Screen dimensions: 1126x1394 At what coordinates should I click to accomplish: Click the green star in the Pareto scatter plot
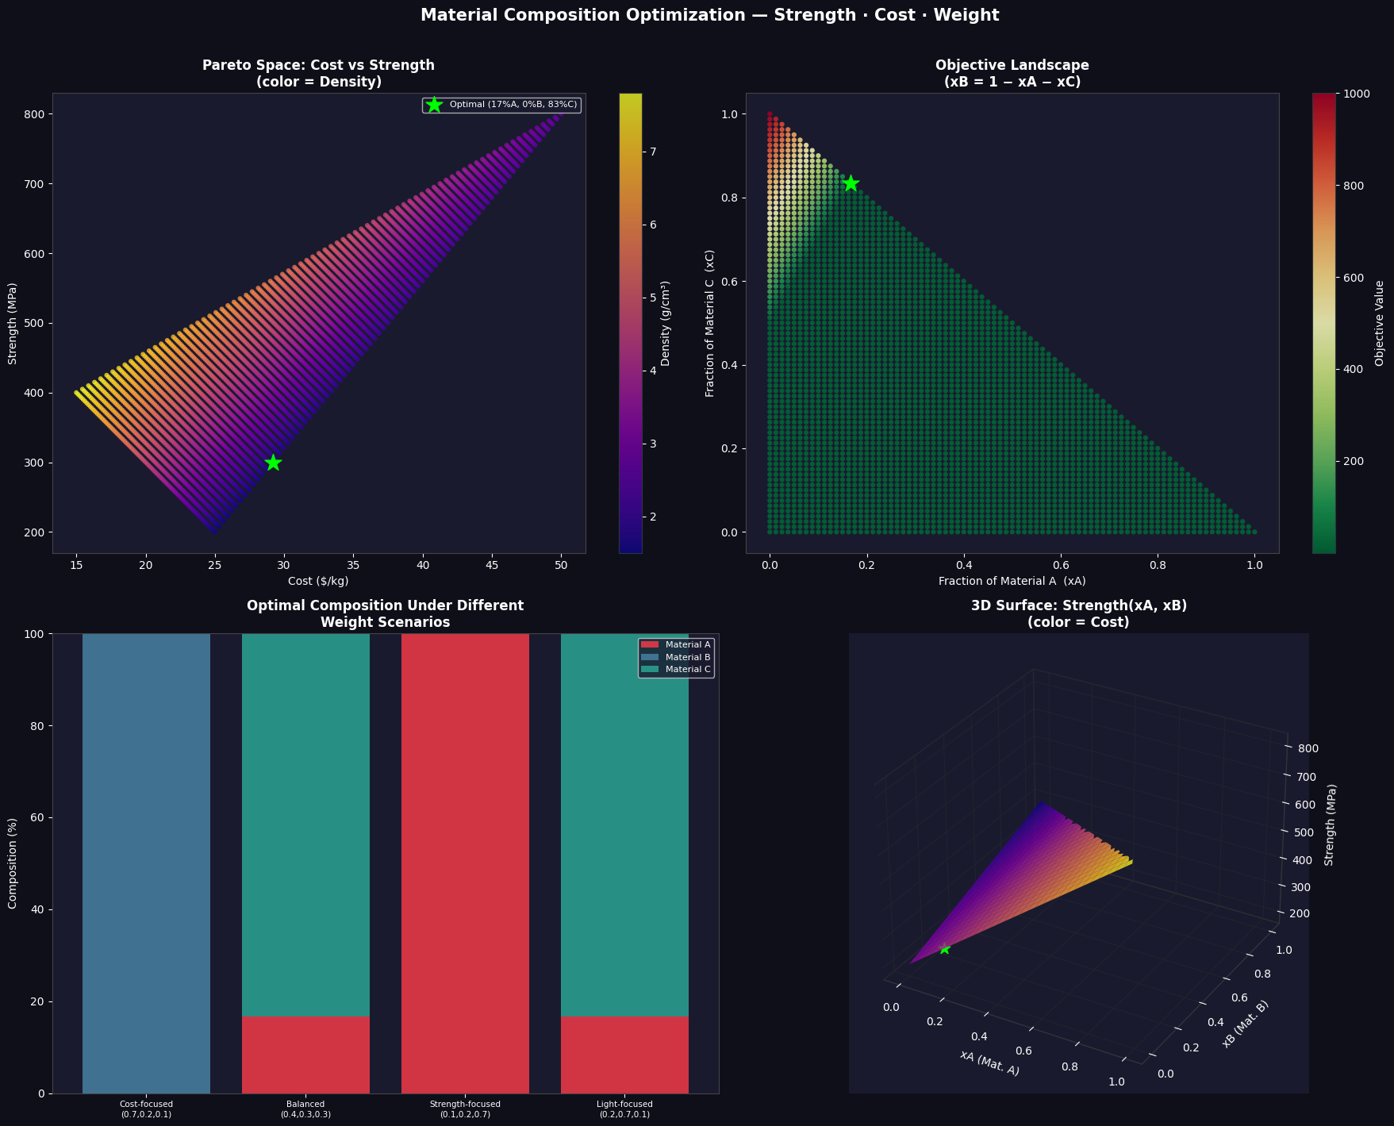(273, 463)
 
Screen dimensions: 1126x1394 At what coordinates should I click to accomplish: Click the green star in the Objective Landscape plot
(851, 183)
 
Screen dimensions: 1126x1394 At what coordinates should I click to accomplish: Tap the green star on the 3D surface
(944, 948)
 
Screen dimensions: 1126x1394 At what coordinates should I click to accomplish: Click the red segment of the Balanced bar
(305, 1055)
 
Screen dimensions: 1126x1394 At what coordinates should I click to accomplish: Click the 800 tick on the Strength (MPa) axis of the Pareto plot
(36, 114)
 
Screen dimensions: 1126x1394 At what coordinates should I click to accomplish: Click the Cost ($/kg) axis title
(318, 582)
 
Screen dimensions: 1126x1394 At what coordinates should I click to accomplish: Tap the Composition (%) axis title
(13, 863)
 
